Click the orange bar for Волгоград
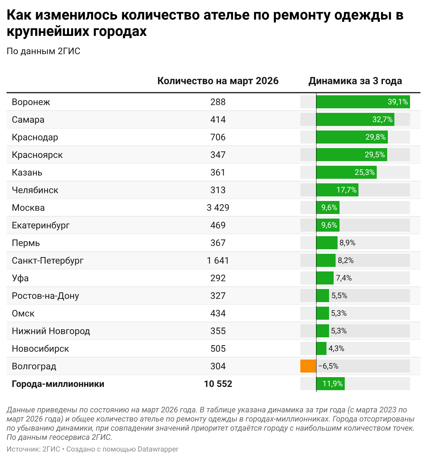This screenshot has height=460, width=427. pyautogui.click(x=308, y=366)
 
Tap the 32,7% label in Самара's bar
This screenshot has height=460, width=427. pyautogui.click(x=382, y=119)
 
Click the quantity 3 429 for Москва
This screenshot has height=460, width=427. pyautogui.click(x=218, y=207)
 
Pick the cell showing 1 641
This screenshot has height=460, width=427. pyautogui.click(x=218, y=260)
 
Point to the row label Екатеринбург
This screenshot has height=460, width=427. pyautogui.click(x=41, y=225)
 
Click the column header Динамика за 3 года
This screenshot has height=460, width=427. pyautogui.click(x=355, y=81)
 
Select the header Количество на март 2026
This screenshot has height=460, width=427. pyautogui.click(x=218, y=81)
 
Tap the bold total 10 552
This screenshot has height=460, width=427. pyautogui.click(x=218, y=384)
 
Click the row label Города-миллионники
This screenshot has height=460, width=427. pyautogui.click(x=58, y=384)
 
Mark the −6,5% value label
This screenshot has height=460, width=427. pyautogui.click(x=328, y=366)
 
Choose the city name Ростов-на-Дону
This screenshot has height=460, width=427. pyautogui.click(x=45, y=296)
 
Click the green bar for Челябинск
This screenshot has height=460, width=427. pyautogui.click(x=326, y=190)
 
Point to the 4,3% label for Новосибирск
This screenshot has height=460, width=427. pyautogui.click(x=336, y=348)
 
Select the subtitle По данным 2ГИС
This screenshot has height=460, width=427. pyautogui.click(x=43, y=51)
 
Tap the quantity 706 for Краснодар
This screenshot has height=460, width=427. pyautogui.click(x=218, y=137)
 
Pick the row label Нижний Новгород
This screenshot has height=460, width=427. pyautogui.click(x=51, y=331)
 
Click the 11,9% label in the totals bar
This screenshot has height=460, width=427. pyautogui.click(x=333, y=384)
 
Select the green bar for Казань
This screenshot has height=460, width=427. pyautogui.click(x=335, y=172)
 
